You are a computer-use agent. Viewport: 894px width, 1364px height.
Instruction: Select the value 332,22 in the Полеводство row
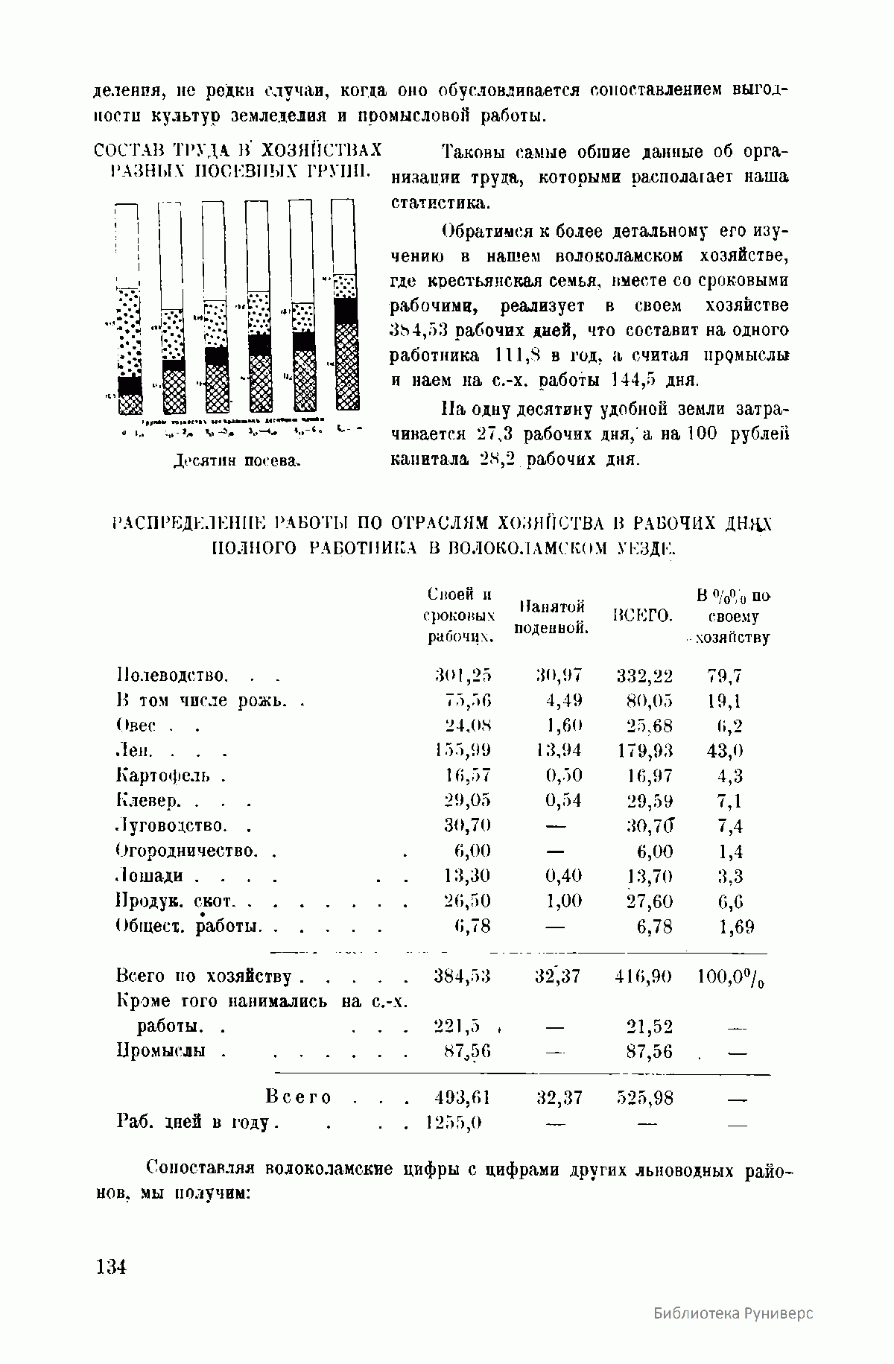point(644,676)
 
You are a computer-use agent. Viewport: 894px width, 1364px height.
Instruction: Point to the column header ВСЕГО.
point(642,616)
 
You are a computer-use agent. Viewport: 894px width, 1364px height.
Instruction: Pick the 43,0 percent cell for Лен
point(725,750)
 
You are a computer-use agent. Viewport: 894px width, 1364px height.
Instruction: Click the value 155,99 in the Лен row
point(463,750)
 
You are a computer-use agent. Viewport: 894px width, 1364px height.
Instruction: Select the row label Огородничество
point(187,850)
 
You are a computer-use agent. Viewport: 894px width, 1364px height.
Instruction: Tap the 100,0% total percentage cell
point(731,976)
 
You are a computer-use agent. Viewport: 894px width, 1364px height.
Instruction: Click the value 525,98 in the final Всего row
point(645,1097)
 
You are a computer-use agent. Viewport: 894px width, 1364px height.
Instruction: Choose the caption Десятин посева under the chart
point(236,460)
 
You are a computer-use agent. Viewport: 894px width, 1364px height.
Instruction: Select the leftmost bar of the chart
point(128,309)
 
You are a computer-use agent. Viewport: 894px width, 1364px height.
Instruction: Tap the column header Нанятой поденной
point(551,617)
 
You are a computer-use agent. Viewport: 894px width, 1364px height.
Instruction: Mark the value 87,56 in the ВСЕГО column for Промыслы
point(650,1051)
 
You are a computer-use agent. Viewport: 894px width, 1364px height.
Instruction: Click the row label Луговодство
point(171,825)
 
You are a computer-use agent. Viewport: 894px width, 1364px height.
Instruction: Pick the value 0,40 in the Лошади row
point(563,875)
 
